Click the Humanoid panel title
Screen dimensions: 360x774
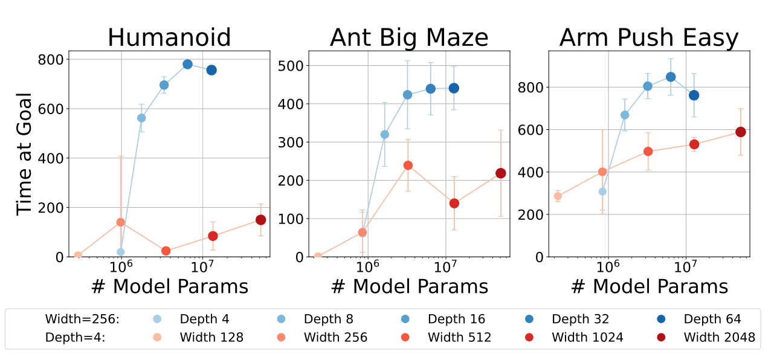coord(169,37)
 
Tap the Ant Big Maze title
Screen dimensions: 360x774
coord(409,37)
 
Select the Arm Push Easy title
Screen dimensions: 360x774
coord(649,37)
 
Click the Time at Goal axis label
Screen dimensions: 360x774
coord(24,154)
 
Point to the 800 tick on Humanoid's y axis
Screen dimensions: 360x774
coord(51,60)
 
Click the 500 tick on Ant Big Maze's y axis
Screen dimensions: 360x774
coord(291,66)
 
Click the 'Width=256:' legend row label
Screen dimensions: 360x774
coord(82,319)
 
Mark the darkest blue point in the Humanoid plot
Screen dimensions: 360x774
coord(211,70)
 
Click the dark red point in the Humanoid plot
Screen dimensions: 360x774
coord(260,220)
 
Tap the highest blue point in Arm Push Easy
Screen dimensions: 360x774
coord(671,77)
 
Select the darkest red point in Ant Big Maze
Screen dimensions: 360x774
coord(500,173)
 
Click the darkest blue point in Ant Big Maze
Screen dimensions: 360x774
coord(454,88)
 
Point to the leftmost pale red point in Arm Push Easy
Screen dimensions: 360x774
coord(558,196)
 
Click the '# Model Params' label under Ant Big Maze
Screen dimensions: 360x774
coord(409,287)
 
